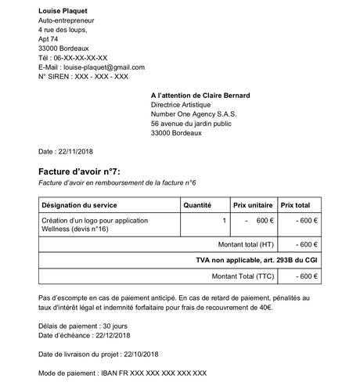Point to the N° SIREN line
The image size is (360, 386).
point(83,77)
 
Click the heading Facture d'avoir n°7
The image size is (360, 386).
point(80,171)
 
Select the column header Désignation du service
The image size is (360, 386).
point(79,204)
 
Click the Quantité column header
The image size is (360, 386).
point(197,204)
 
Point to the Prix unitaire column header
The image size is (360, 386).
point(254,204)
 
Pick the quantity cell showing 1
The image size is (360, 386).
point(225,221)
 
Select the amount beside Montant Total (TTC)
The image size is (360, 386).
point(306,276)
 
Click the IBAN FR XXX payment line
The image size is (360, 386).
point(153,372)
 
